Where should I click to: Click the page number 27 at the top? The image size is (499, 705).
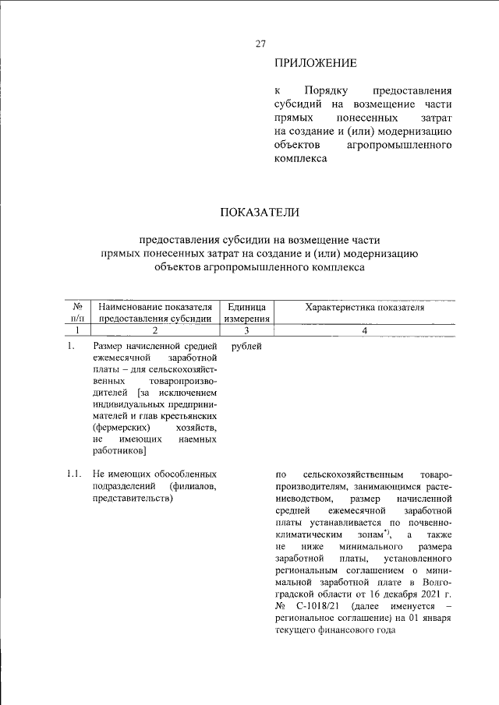[x=261, y=44]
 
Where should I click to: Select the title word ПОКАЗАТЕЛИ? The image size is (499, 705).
[x=260, y=212]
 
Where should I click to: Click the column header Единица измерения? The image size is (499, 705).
[x=246, y=312]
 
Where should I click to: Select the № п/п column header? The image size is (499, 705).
[x=77, y=312]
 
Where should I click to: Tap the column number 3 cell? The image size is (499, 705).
[x=246, y=330]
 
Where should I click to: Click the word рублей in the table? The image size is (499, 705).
[x=247, y=346]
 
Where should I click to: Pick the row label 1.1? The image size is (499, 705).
[x=74, y=474]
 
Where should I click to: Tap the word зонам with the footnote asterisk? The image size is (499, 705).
[x=370, y=535]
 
